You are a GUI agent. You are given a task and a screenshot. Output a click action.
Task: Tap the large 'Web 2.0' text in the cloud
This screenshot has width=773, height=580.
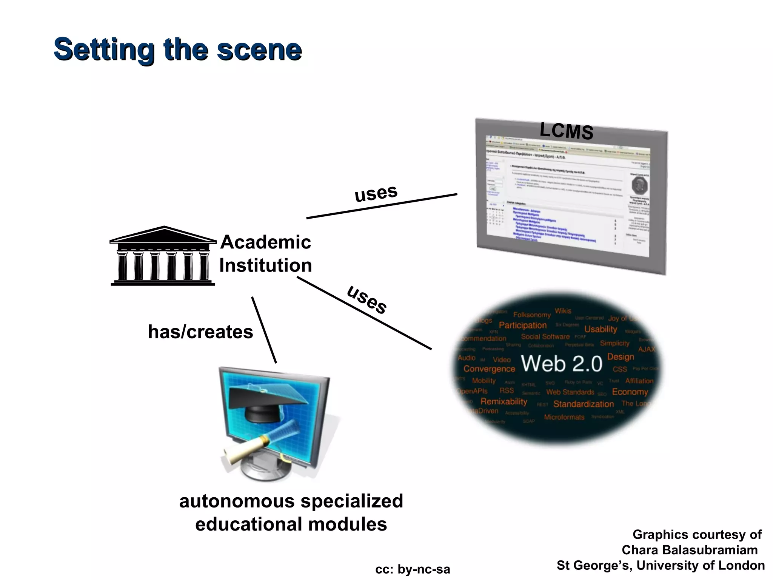(562, 364)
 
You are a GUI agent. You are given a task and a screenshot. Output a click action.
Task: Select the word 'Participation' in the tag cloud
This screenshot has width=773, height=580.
(522, 325)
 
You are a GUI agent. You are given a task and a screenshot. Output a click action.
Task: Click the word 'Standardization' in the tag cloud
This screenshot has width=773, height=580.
(583, 404)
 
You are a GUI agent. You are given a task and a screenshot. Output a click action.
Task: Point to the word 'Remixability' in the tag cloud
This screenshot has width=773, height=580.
(504, 401)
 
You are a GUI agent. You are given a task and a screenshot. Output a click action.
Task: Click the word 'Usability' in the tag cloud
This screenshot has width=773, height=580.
(601, 329)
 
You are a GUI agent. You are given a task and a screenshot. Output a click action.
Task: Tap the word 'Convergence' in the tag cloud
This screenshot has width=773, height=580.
(489, 369)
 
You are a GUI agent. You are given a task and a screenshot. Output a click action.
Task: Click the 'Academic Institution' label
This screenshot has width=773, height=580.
(265, 253)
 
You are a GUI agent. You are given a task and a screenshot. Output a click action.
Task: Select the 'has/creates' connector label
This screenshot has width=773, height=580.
(200, 332)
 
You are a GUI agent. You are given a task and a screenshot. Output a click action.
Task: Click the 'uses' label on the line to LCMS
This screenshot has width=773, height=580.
(376, 193)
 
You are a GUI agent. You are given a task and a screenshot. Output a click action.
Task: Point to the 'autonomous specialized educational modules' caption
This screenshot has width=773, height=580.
(291, 512)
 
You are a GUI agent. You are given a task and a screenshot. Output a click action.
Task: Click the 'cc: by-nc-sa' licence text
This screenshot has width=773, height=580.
(413, 569)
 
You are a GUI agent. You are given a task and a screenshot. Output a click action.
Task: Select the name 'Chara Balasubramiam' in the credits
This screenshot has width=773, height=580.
(690, 550)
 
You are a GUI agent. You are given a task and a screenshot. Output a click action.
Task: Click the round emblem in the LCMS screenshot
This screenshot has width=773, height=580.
(639, 185)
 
